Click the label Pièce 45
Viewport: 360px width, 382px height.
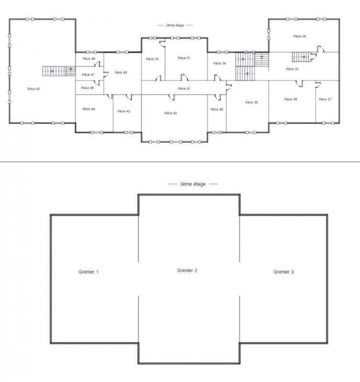[x=33, y=89]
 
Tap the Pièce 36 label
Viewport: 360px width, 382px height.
[x=300, y=36]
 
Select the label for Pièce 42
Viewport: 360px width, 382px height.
[x=171, y=113]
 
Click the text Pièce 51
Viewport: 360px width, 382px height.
[x=184, y=58]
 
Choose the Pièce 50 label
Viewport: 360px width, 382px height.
[x=153, y=59]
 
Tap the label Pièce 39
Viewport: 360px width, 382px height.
[x=251, y=102]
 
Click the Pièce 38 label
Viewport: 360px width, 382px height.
[x=291, y=99]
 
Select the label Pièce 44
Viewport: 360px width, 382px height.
[x=88, y=109]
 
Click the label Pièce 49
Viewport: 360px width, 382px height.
[x=121, y=72]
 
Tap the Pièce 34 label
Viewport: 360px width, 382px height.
[x=219, y=63]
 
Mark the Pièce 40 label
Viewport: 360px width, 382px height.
[x=217, y=109]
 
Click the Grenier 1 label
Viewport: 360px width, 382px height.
[x=88, y=272]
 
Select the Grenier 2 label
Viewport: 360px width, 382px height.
[x=187, y=270]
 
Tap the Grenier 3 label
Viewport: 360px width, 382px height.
[x=284, y=272]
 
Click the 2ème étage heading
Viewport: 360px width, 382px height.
[x=175, y=25]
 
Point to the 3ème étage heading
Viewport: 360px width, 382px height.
[x=193, y=184]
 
